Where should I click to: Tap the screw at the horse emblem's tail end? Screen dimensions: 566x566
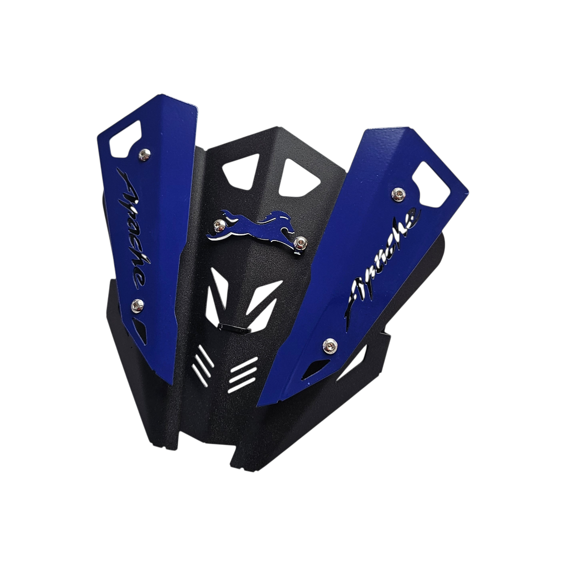click(x=219, y=226)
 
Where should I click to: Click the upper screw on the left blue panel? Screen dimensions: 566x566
click(x=145, y=155)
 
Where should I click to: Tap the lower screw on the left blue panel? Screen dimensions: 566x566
click(x=137, y=306)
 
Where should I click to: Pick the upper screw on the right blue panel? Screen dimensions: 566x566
click(x=398, y=194)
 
